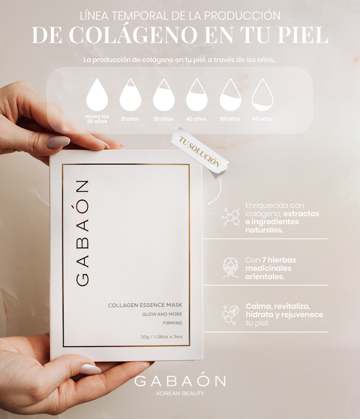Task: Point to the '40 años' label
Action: (196, 119)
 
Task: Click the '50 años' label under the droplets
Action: (230, 119)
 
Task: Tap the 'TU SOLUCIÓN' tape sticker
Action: (200, 152)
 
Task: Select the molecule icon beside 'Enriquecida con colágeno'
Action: (230, 218)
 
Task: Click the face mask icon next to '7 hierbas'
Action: (230, 268)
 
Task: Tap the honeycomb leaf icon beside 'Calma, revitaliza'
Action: (230, 315)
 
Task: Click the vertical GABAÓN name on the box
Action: (82, 233)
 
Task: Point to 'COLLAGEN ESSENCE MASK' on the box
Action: (145, 305)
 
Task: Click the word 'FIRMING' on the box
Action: (172, 323)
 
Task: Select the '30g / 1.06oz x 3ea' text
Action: (161, 337)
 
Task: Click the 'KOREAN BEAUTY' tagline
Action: (180, 393)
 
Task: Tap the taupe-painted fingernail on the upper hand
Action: (58, 141)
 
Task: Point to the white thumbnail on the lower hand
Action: (91, 369)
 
